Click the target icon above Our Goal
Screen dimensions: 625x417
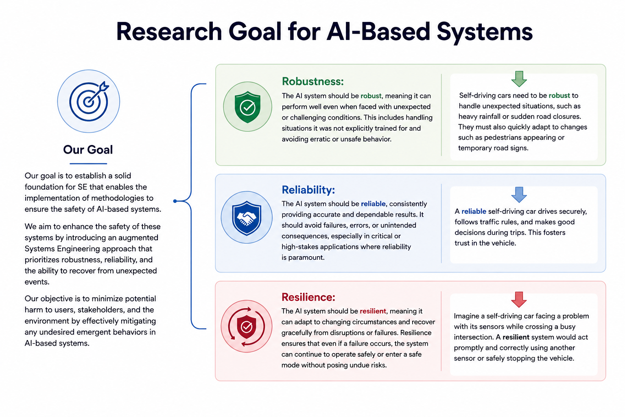pos(88,101)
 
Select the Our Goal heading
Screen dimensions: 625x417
pos(88,150)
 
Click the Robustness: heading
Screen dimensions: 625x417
pos(313,81)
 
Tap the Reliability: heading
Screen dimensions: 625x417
pos(308,190)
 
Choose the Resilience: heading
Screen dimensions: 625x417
pos(308,297)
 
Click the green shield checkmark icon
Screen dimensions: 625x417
pos(247,107)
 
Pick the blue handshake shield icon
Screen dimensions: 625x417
pos(247,217)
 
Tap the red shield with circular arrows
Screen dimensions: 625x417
pos(246,326)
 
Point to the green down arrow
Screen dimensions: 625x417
pos(519,79)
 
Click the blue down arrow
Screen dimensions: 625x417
pos(519,195)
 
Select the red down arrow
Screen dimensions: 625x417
pos(519,300)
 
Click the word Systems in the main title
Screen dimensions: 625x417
pos(485,32)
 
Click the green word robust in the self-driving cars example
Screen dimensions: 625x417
pos(559,96)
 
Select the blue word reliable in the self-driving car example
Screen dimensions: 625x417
pos(474,211)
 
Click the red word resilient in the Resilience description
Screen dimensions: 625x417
pos(373,311)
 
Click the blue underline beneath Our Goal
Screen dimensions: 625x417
pos(88,163)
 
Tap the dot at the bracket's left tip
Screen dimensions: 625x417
pos(175,201)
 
